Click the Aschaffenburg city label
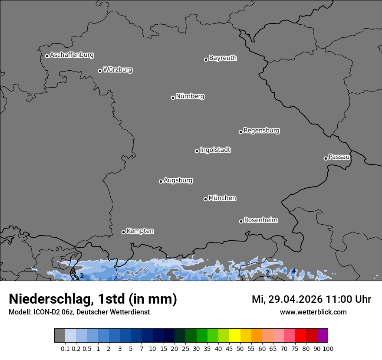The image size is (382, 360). pos(72,55)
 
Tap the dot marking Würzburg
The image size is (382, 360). pos(100,71)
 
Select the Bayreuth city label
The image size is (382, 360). pos(223,58)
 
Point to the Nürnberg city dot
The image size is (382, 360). pos(173,98)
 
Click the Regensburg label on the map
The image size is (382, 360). pos(261,131)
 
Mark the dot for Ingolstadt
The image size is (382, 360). pos(197,151)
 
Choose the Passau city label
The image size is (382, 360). pos(339,157)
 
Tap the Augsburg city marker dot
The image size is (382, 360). pos(161,181)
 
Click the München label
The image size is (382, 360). pos(222,198)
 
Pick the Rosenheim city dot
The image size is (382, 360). pos(241,222)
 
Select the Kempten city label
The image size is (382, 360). pos(140,231)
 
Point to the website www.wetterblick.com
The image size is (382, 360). pos(313,312)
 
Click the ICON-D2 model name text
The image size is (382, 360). pos(49,312)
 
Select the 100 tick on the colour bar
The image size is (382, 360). pos(328,348)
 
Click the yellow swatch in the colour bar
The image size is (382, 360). pos(234,336)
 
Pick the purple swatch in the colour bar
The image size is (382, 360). pos(322,336)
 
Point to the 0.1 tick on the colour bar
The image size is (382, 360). pos(65,348)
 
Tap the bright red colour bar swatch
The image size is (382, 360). pos(300,336)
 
